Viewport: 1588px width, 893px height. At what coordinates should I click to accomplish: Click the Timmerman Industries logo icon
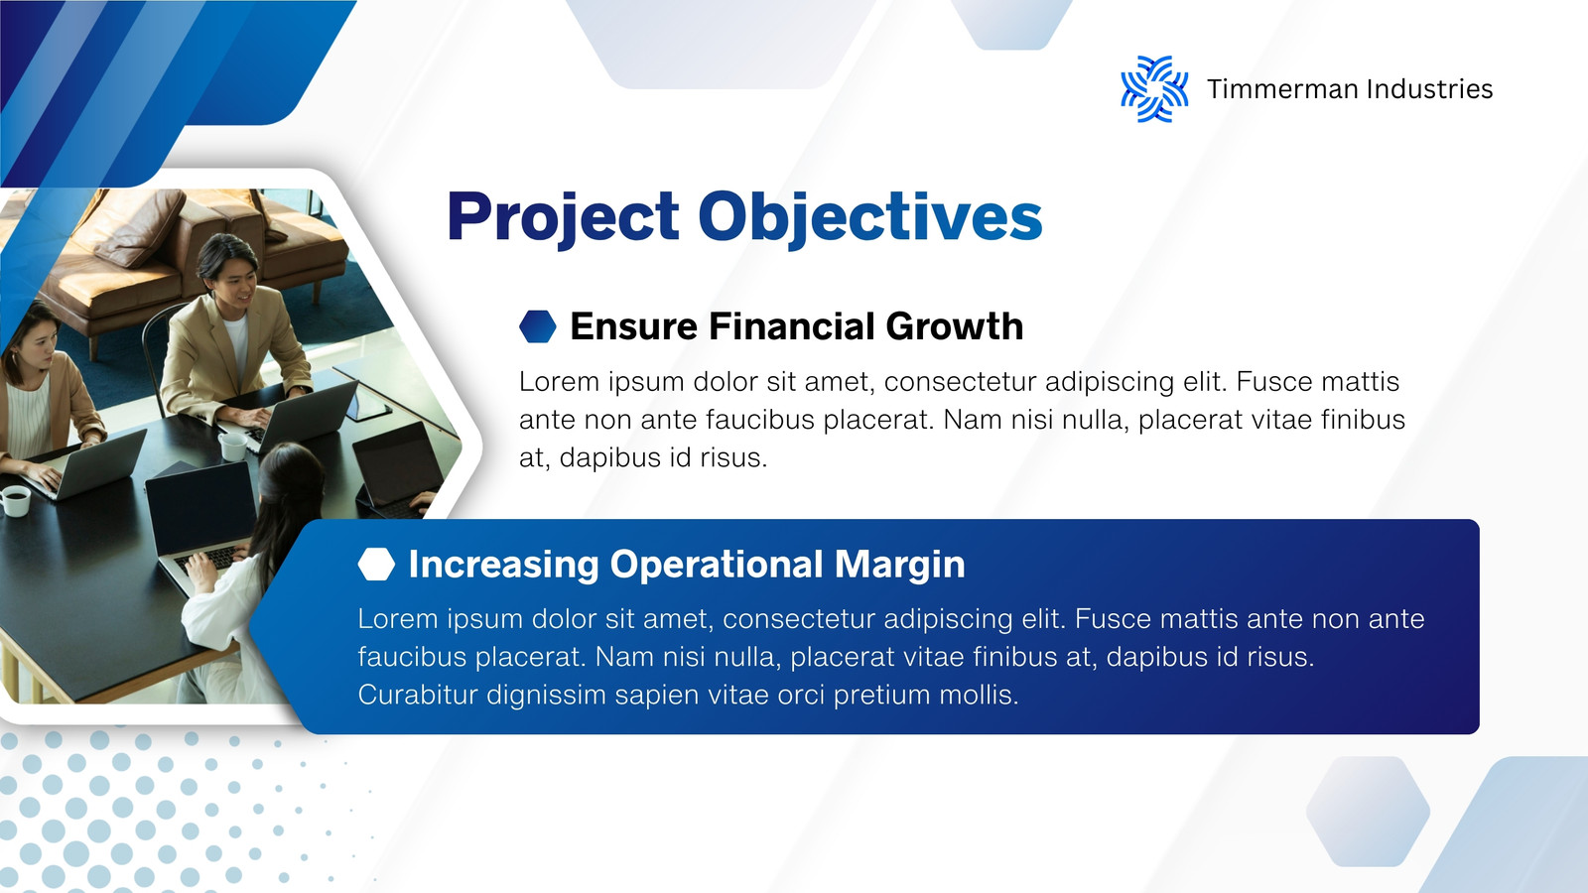coord(1154,89)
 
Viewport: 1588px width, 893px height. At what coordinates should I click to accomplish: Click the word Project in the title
coord(563,218)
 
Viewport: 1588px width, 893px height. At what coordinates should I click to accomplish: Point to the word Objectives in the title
coord(869,218)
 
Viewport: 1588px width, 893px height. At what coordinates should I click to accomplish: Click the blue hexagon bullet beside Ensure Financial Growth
coord(538,326)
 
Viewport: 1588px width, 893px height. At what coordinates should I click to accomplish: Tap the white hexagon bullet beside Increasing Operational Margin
coord(376,565)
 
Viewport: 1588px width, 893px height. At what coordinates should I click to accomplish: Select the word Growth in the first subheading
coord(954,326)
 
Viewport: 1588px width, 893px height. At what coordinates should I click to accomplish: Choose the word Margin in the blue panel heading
coord(899,566)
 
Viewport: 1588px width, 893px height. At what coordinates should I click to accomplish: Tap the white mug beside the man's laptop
coord(232,446)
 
